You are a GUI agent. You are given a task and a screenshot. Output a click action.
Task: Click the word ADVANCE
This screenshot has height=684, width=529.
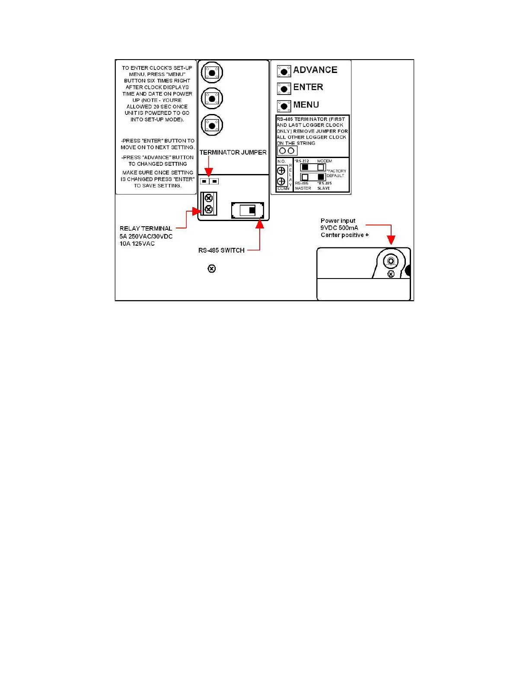[315, 70]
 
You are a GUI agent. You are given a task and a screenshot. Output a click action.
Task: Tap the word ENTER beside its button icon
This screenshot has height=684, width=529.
[308, 87]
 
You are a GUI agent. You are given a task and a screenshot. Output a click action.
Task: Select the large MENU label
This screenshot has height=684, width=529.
[306, 105]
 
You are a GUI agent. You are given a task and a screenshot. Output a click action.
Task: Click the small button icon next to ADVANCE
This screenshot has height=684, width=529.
[284, 71]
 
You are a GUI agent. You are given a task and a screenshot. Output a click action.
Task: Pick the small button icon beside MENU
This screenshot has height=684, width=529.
[284, 106]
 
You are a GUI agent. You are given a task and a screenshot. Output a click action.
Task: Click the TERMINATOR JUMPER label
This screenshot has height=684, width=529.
[233, 152]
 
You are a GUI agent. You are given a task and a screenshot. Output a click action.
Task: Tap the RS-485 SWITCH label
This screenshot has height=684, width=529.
[221, 250]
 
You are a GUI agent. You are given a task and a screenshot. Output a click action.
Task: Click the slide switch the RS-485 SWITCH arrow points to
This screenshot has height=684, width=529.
[248, 210]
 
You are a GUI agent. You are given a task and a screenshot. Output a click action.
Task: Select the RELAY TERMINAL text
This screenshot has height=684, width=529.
[146, 228]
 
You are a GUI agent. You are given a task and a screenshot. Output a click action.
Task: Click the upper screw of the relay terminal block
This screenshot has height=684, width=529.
[209, 198]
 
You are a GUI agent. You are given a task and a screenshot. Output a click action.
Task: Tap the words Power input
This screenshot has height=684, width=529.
[338, 221]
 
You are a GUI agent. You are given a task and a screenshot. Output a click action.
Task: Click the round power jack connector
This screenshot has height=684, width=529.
[391, 261]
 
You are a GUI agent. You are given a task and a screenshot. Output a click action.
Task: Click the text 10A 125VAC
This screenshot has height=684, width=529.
[137, 244]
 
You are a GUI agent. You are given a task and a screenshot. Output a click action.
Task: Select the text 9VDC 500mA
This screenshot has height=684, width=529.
[339, 228]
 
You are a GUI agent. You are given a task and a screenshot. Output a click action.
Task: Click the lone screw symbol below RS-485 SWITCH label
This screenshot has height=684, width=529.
[212, 269]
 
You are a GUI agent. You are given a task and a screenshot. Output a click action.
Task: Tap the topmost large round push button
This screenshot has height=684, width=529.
[212, 73]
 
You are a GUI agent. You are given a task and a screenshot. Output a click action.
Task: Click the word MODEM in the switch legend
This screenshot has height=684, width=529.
[325, 161]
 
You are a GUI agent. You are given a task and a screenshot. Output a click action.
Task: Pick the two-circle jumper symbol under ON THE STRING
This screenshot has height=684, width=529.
[287, 151]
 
